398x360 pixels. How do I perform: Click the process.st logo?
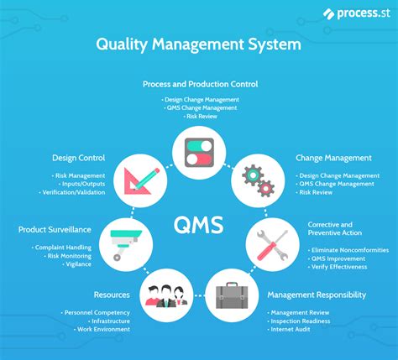tap(356, 13)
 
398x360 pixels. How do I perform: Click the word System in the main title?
tap(275, 44)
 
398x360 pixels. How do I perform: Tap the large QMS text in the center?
tap(199, 225)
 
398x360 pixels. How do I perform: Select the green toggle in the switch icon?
tap(199, 146)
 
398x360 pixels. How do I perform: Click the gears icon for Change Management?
tap(258, 180)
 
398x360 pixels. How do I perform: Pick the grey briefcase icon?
tap(232, 295)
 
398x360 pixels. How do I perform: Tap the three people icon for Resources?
tap(166, 296)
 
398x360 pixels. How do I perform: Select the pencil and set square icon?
tap(141, 180)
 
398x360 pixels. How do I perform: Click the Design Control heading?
tap(79, 158)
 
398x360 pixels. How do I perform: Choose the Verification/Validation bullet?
tap(72, 192)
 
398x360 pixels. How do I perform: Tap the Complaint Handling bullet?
tap(61, 248)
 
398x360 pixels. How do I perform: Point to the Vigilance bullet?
tap(77, 264)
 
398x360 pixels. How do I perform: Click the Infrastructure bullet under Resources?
tap(109, 321)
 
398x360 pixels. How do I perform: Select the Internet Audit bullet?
tap(289, 330)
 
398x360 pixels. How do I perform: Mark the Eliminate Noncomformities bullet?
tap(348, 250)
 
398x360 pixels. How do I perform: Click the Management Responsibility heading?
tap(317, 295)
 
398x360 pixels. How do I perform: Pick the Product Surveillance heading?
tap(55, 230)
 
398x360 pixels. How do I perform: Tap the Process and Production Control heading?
tap(201, 84)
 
